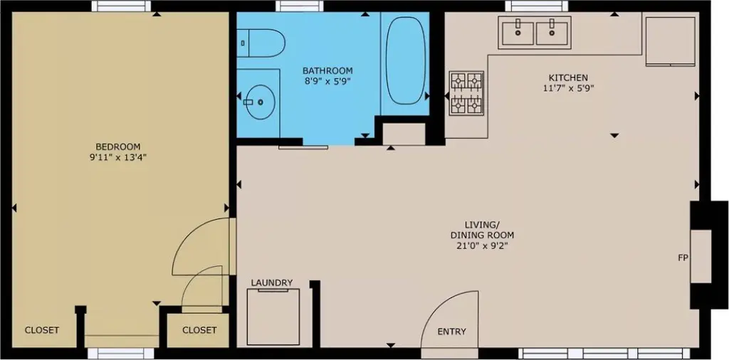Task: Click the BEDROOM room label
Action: (x=117, y=147)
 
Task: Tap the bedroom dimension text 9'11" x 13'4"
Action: (x=117, y=157)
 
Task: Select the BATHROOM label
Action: (x=327, y=71)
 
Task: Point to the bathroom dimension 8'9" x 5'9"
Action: (x=327, y=82)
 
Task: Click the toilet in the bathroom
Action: (x=261, y=43)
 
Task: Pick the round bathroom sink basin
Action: (x=260, y=101)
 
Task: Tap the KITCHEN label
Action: (x=568, y=78)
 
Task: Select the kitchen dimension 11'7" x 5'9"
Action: (x=568, y=88)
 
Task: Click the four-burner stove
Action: (x=466, y=93)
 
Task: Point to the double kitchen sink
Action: (x=535, y=33)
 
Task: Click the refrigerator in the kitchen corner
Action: (x=670, y=41)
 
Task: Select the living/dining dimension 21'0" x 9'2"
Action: (x=482, y=246)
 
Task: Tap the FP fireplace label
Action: (x=683, y=258)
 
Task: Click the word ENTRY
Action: (x=451, y=332)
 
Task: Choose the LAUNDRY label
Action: (x=272, y=282)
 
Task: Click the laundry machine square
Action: (x=273, y=317)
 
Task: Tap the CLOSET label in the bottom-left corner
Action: (x=42, y=330)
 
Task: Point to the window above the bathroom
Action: (x=300, y=6)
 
